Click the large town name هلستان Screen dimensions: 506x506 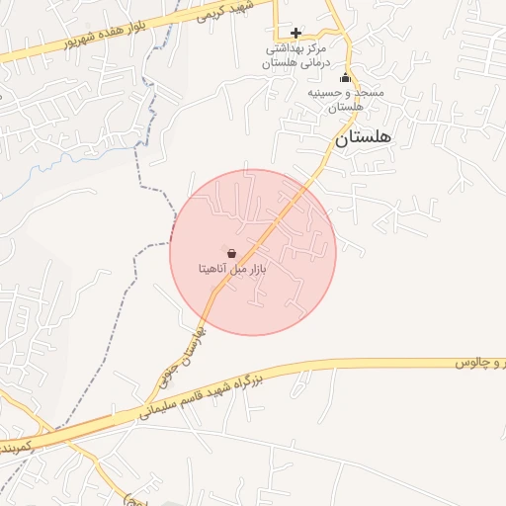tap(363, 138)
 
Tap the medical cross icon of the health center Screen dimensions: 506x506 tap(295, 34)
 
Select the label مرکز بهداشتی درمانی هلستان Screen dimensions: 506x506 tap(295, 54)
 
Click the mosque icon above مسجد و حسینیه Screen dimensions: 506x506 tap(345, 78)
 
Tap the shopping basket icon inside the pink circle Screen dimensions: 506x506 tap(231, 254)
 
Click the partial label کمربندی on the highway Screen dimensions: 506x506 tap(22, 441)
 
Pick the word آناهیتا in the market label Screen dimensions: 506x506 tap(214, 269)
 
